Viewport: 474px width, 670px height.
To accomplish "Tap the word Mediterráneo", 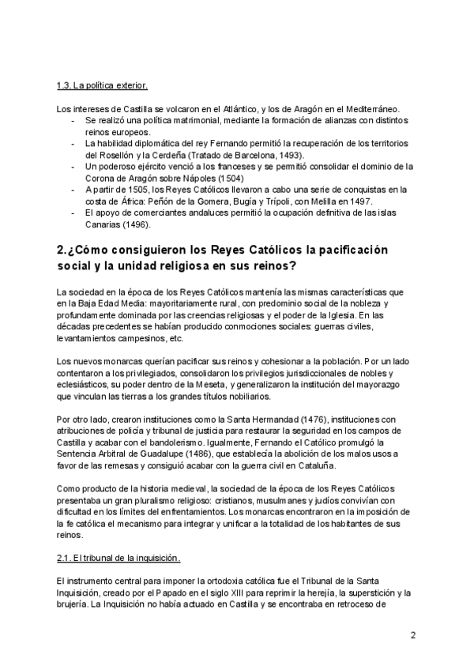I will tap(374, 108).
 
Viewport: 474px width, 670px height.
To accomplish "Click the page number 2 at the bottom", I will tap(413, 635).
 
